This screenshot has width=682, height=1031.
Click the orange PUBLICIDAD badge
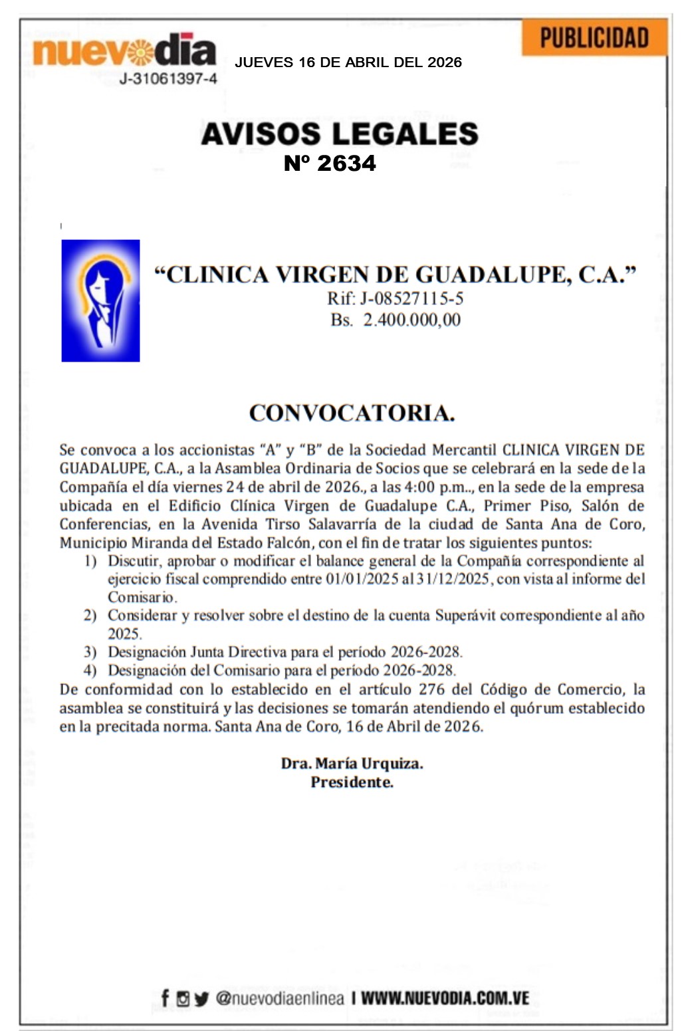[594, 38]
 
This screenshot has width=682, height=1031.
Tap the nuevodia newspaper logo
[124, 51]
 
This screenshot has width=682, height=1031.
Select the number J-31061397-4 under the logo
[168, 79]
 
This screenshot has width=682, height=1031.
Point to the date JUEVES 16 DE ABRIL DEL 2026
[348, 62]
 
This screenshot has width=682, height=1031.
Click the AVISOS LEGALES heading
[340, 134]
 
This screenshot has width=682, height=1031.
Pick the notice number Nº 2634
[330, 164]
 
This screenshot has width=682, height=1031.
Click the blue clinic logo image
[100, 300]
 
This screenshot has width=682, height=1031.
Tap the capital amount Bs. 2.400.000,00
[396, 320]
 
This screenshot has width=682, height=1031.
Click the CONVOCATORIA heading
[352, 413]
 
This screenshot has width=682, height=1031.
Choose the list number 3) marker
[90, 652]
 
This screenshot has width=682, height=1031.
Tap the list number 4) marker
[90, 671]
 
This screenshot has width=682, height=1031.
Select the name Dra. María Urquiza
[352, 763]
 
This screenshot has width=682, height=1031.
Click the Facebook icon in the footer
[165, 998]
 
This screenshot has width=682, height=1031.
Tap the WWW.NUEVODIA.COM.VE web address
[445, 998]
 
